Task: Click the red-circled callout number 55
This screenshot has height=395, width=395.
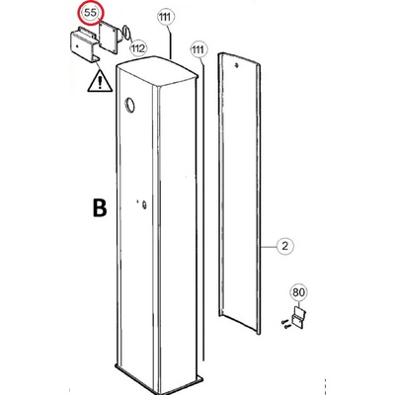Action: [x=91, y=13]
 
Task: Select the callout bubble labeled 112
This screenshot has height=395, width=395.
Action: [x=138, y=48]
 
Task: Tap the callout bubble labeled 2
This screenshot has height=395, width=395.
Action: [x=285, y=246]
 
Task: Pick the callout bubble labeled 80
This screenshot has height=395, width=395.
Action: [x=298, y=292]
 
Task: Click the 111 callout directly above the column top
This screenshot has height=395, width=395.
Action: [x=166, y=17]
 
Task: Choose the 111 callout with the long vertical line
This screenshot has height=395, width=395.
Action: [x=199, y=50]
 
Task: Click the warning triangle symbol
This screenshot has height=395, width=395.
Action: [x=100, y=80]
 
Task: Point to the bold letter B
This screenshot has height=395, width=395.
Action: [x=100, y=208]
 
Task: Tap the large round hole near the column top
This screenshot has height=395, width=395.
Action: [x=129, y=105]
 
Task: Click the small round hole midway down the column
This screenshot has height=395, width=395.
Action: [x=144, y=204]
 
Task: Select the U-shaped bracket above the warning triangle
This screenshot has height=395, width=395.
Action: [x=84, y=44]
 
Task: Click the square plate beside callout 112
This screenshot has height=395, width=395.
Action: [x=109, y=37]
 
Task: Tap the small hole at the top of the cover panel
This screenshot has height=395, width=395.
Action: [x=237, y=65]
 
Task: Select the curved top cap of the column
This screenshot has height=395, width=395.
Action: [x=157, y=70]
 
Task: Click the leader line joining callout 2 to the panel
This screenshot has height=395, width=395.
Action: [x=269, y=246]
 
